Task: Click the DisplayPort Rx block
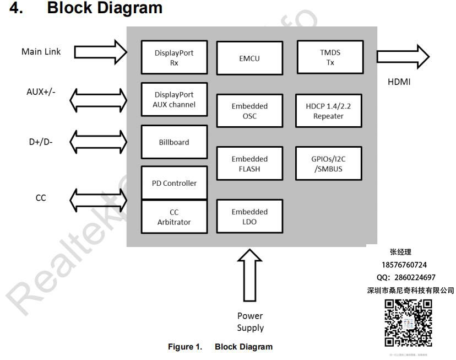pyautogui.click(x=174, y=57)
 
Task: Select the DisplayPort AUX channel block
pyautogui.click(x=174, y=100)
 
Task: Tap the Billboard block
pyautogui.click(x=174, y=142)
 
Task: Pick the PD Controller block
pyautogui.click(x=174, y=182)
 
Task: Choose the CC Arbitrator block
pyautogui.click(x=174, y=217)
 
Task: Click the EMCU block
pyautogui.click(x=249, y=57)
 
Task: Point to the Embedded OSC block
pyautogui.click(x=249, y=111)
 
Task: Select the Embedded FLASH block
pyautogui.click(x=249, y=164)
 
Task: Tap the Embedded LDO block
pyautogui.click(x=249, y=217)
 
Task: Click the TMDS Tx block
pyautogui.click(x=330, y=57)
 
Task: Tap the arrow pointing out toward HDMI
pyautogui.click(x=403, y=56)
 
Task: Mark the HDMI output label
pyautogui.click(x=399, y=82)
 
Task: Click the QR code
pyautogui.click(x=408, y=323)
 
